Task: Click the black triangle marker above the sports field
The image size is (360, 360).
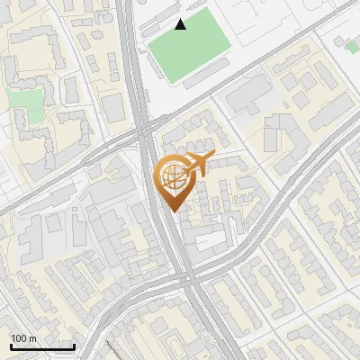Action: (x=181, y=24)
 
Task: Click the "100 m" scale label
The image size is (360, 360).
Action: (x=24, y=338)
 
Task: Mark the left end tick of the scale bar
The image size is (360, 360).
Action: (x=10, y=346)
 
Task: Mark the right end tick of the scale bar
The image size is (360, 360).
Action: (x=74, y=346)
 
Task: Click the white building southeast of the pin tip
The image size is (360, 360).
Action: (x=210, y=240)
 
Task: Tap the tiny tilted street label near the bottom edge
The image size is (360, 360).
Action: (x=112, y=349)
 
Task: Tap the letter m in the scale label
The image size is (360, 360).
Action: (x=31, y=338)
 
